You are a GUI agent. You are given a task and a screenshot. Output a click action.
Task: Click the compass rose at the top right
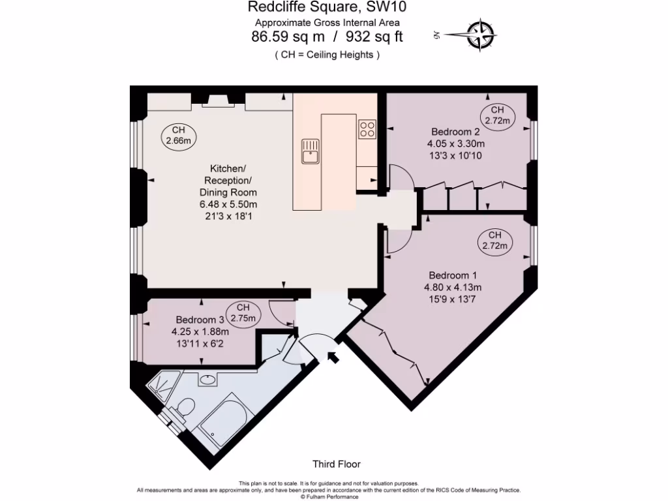tap(481, 35)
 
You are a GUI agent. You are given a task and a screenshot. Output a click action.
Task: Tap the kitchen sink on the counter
tap(309, 151)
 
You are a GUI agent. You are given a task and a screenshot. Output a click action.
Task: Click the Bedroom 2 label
tap(455, 131)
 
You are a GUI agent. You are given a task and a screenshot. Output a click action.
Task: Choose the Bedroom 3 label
tap(200, 320)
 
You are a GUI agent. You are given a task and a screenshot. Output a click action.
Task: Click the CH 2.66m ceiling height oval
tap(178, 136)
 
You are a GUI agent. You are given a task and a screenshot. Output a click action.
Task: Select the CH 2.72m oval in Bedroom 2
tap(498, 115)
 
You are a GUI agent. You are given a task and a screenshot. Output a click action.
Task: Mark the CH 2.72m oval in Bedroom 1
tap(494, 241)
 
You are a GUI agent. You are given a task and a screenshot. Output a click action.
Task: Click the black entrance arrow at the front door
tap(333, 357)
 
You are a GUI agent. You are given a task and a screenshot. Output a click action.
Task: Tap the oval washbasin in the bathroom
tap(208, 379)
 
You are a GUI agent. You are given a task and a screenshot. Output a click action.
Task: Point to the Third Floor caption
tap(336, 464)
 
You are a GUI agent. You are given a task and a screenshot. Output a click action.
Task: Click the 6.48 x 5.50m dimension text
tap(228, 204)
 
